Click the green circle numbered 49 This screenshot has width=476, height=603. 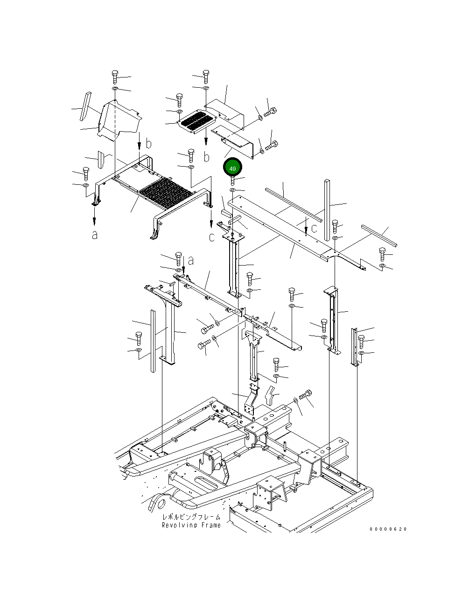(x=233, y=168)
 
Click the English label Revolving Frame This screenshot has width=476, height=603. (x=191, y=525)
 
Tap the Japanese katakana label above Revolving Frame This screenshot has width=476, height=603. (x=191, y=517)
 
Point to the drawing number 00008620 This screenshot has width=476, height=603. (x=388, y=529)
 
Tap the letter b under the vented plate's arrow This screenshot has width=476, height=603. (x=206, y=157)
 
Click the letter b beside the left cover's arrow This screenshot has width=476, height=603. (x=148, y=143)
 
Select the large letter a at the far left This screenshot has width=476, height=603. (x=95, y=235)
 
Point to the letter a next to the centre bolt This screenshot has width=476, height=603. (x=190, y=261)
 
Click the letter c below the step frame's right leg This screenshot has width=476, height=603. (x=211, y=237)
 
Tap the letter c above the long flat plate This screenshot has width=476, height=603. (x=314, y=228)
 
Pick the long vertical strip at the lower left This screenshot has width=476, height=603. (x=152, y=341)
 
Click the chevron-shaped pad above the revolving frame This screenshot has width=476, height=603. (x=270, y=395)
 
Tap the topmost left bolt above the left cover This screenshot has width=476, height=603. (x=115, y=77)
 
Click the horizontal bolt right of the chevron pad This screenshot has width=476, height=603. (x=305, y=395)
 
